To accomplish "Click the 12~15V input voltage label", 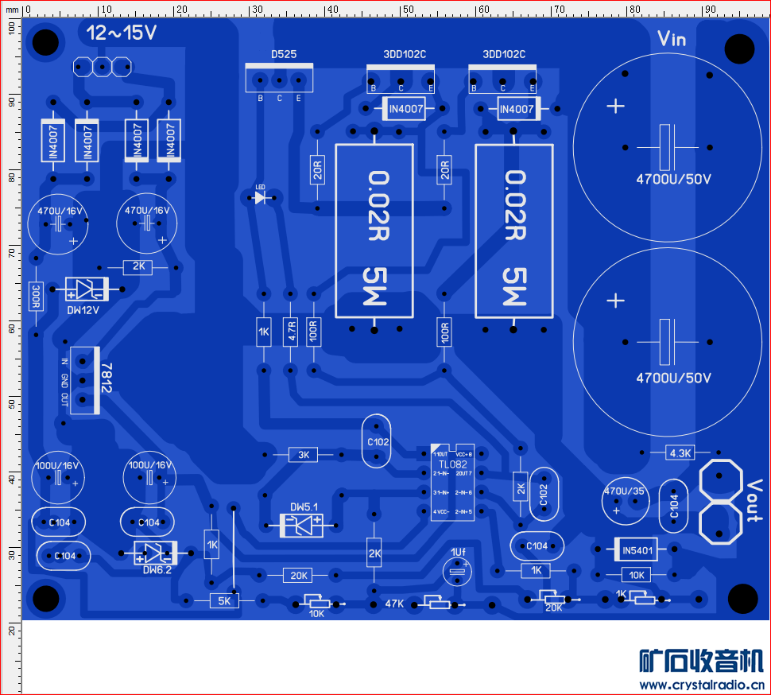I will coord(122,33).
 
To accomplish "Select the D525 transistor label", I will coord(284,55).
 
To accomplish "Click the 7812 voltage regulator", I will coord(84,380).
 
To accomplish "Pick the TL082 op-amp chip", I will coord(452,482).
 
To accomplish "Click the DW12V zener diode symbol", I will coord(85,289).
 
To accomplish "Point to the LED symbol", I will coord(260,197).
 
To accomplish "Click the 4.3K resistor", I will coord(681,453).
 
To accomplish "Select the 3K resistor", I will coord(303,455).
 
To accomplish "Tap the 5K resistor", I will coord(224,601).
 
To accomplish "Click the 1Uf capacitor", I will coord(458,569).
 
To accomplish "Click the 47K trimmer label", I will coord(394,604).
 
